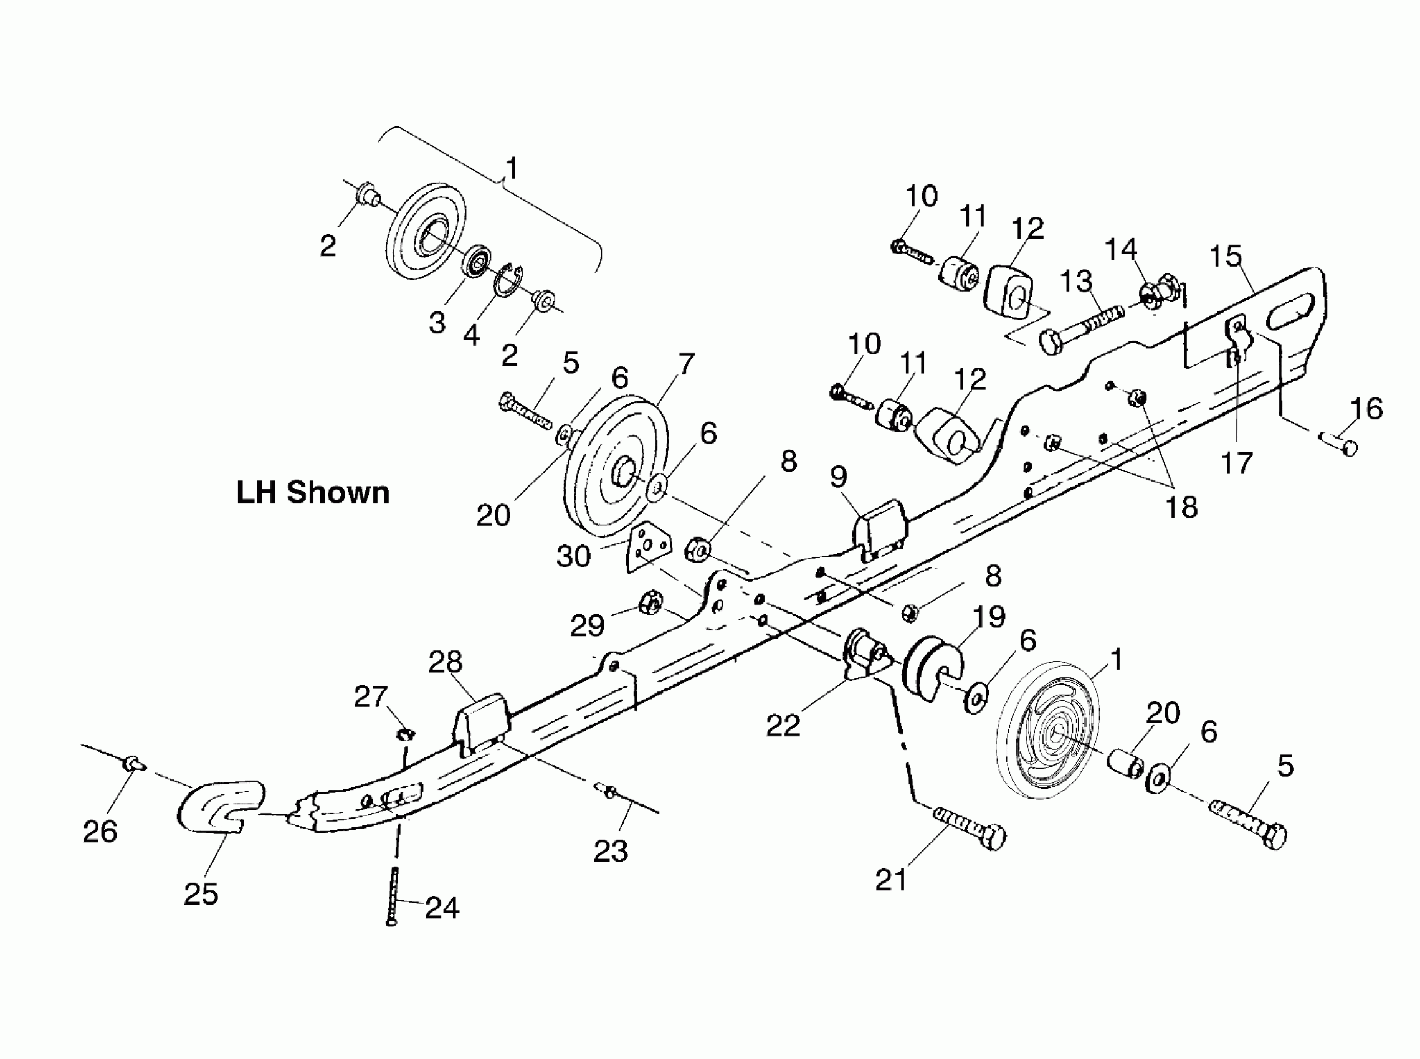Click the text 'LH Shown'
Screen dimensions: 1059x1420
[x=313, y=493]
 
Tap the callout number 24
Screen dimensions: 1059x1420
[x=442, y=908]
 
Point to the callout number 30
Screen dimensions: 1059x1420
[x=573, y=556]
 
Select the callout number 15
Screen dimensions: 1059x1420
[x=1225, y=257]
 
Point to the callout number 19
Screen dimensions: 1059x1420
[x=989, y=617]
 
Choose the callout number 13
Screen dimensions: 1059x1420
[x=1075, y=281]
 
